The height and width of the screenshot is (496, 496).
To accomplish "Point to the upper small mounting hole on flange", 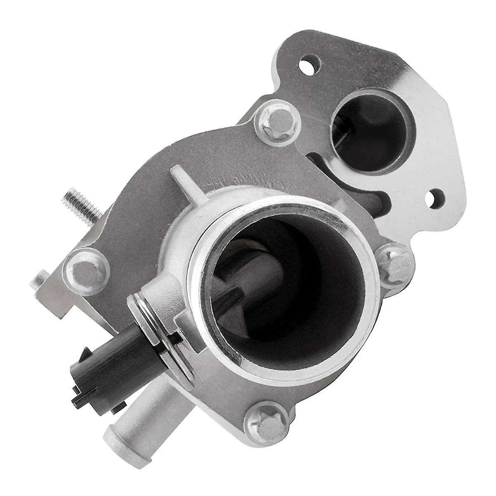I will [x=308, y=64].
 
